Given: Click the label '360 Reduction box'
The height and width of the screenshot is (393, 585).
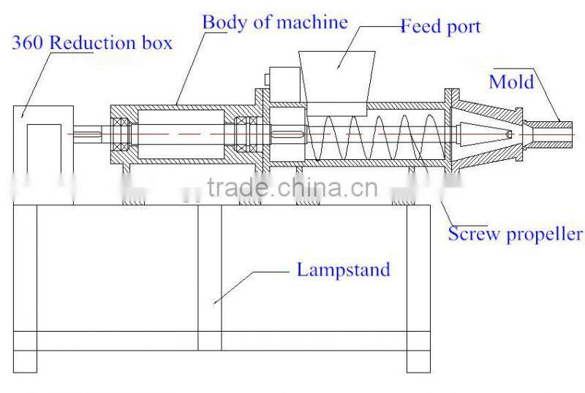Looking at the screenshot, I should point(91,43).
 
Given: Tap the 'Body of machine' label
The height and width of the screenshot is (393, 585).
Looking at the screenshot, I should point(275,22).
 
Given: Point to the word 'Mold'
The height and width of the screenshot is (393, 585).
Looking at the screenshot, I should point(511,80).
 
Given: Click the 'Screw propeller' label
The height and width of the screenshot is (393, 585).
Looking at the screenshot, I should point(515,234).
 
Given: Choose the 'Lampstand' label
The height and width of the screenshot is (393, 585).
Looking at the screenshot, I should point(343,270).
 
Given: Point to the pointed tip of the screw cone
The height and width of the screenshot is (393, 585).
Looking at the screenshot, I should point(506,134).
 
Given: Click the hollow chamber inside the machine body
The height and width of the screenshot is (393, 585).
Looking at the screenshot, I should point(180,135).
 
